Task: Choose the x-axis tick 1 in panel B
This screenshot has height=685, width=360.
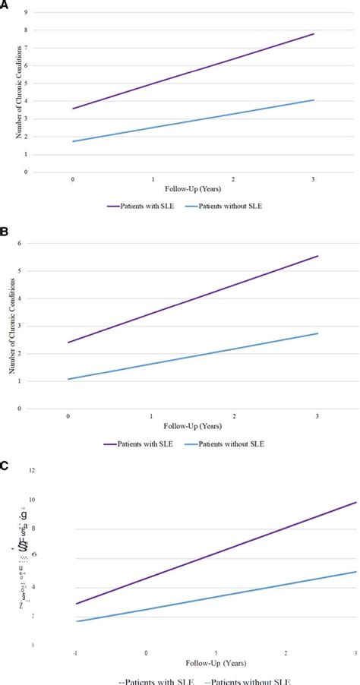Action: coord(151,416)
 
